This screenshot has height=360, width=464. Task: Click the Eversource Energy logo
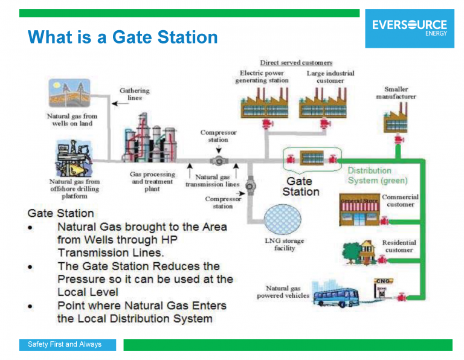(409, 28)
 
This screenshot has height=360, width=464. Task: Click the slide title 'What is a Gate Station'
(123, 37)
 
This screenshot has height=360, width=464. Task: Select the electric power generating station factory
(262, 103)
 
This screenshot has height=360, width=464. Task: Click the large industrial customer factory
(320, 103)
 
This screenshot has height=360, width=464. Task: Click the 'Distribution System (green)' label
(378, 175)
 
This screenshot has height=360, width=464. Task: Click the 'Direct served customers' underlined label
(296, 63)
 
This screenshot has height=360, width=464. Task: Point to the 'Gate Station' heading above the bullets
(60, 213)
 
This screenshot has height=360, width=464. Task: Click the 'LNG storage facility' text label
(285, 244)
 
